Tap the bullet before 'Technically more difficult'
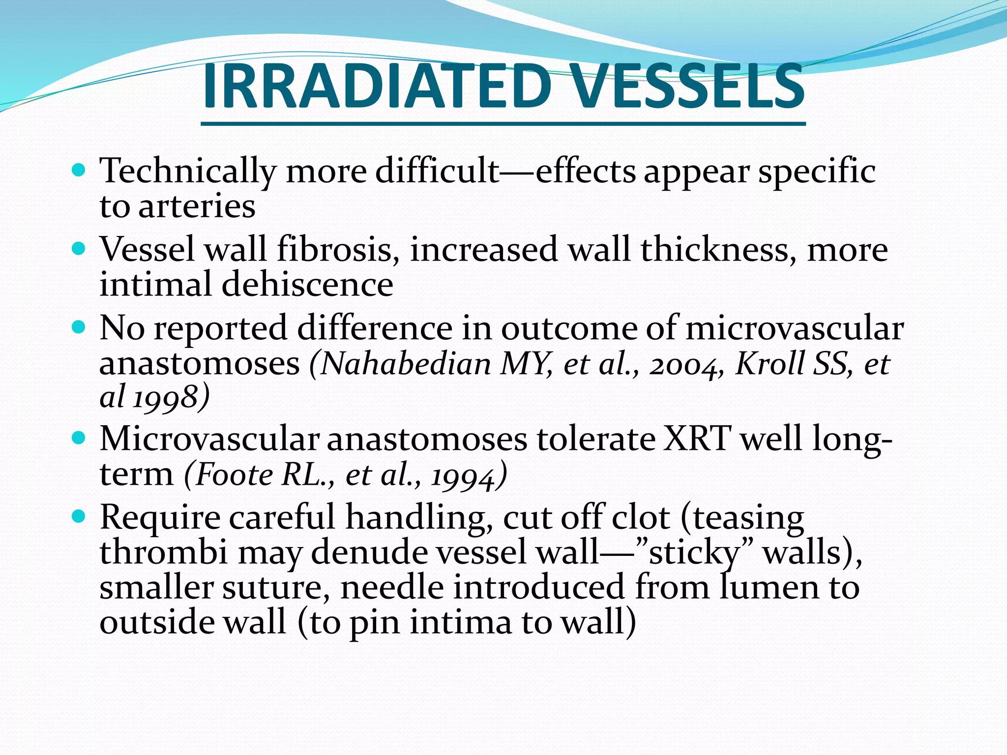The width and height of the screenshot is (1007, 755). [x=79, y=170]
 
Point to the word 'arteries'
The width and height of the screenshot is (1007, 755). [x=197, y=206]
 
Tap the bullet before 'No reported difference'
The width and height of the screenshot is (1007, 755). [x=79, y=327]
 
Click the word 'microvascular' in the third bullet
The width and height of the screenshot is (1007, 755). [x=794, y=328]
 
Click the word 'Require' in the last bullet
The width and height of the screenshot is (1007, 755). [x=160, y=518]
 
